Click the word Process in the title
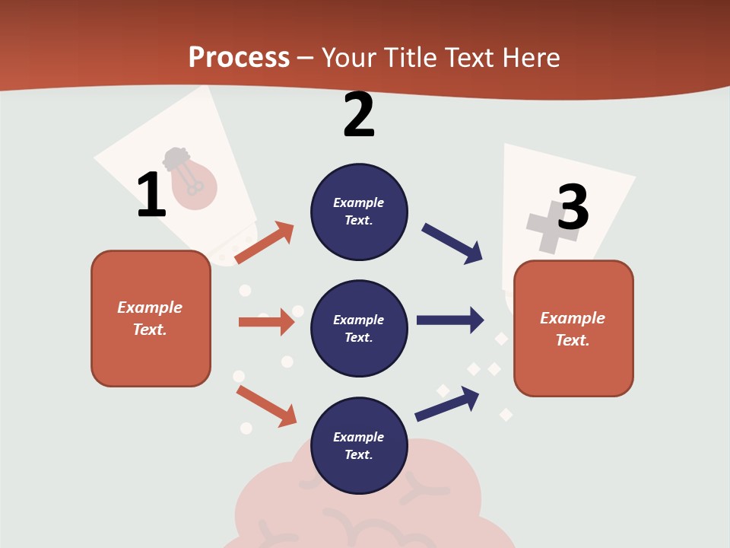[x=239, y=58]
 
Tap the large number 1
[x=151, y=195]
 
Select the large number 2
[x=359, y=115]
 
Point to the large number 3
[x=573, y=207]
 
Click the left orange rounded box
[x=151, y=318]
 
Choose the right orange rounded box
[x=573, y=329]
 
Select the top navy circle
[x=359, y=211]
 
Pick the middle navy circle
[x=359, y=328]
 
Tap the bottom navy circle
[x=359, y=445]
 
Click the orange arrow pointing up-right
[x=265, y=242]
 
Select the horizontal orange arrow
[x=266, y=322]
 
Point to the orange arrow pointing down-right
[x=267, y=406]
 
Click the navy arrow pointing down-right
[x=452, y=244]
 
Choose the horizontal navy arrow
[x=450, y=320]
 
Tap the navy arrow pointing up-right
[x=448, y=403]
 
